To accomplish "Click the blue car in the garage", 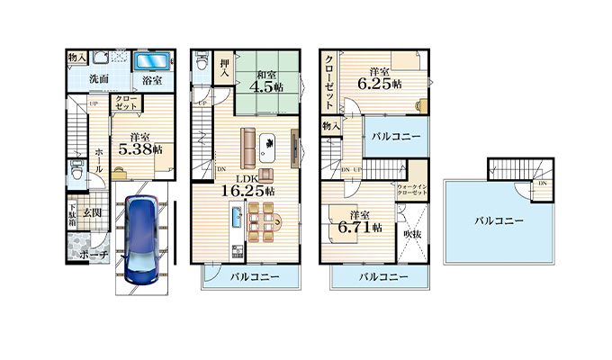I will pos(141,237).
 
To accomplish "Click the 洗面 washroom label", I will pos(98,79).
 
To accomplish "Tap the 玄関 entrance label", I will pos(93,212).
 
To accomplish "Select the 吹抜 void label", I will pos(412,233).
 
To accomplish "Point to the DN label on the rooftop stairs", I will pos(542,184).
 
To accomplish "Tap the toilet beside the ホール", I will pos(75,176).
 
